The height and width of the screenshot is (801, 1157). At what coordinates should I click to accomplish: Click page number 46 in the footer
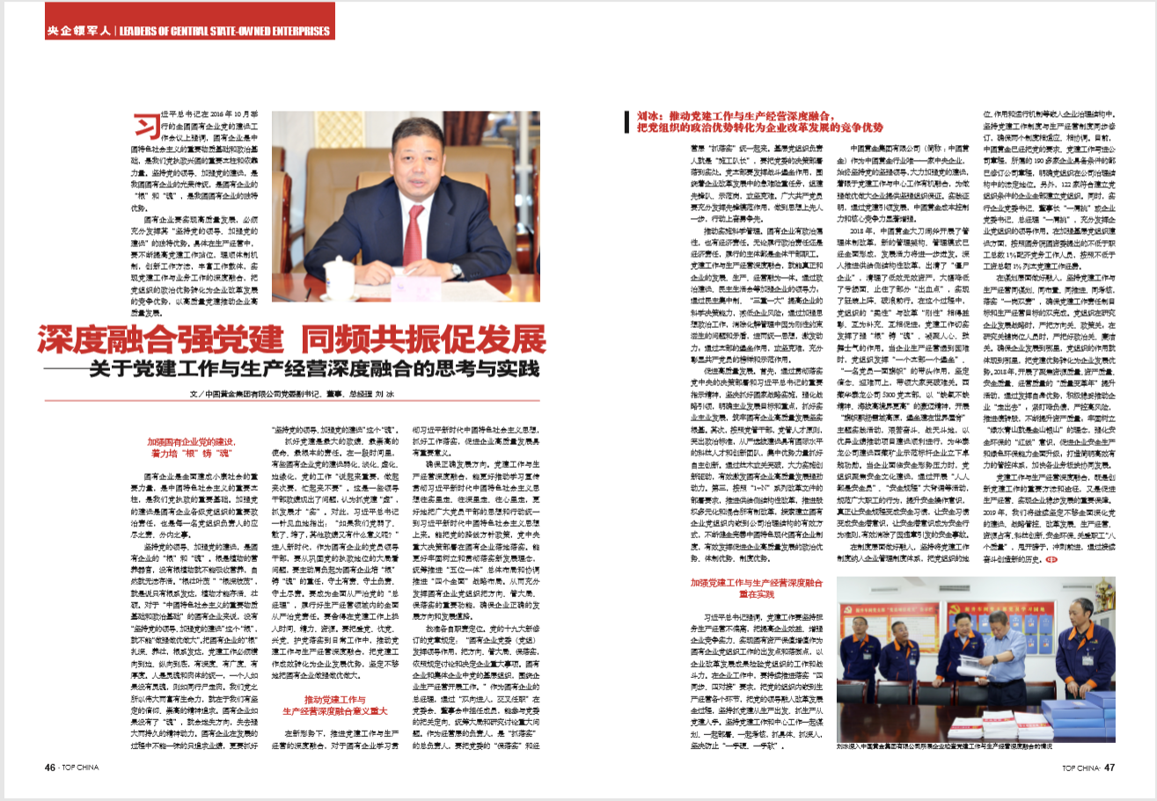51,768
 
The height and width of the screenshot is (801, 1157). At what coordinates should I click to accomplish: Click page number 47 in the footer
1109,768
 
